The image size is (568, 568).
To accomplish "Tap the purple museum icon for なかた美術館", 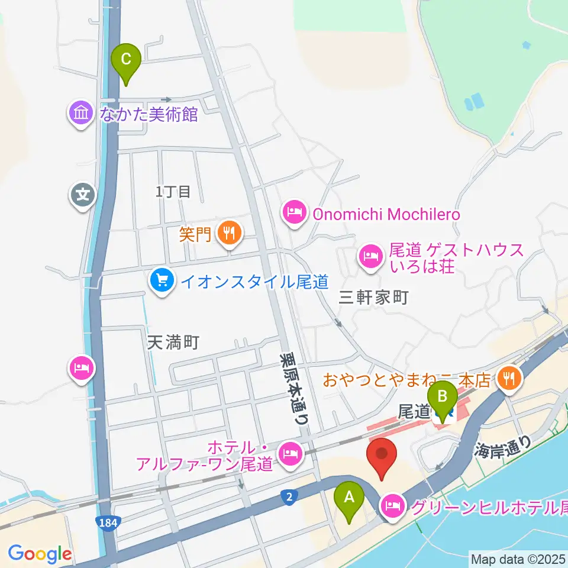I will click(80, 112).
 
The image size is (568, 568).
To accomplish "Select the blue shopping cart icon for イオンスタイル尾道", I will click(161, 278).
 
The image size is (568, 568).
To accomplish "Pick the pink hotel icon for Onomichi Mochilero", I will click(295, 212).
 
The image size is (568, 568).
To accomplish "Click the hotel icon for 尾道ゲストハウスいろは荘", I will click(370, 256).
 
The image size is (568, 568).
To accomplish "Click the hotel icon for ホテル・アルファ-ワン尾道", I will click(290, 454).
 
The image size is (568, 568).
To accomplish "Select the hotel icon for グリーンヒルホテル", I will click(392, 506).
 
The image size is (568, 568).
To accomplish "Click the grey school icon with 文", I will click(83, 193).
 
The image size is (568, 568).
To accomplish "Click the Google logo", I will click(40, 554).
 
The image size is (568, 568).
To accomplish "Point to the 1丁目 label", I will click(173, 191).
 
